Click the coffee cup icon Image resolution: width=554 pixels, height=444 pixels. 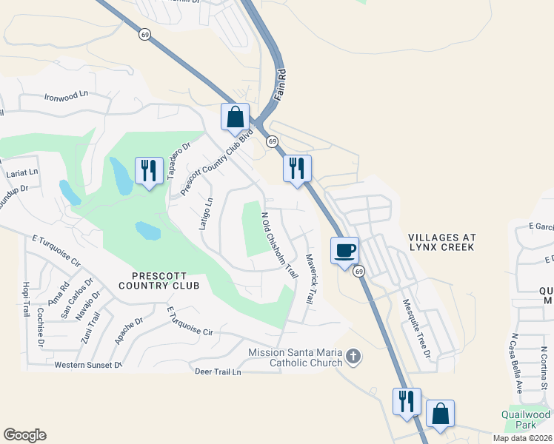(344, 250)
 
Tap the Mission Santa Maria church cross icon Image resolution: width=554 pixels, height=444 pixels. (354, 357)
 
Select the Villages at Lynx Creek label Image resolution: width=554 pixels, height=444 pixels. (442, 242)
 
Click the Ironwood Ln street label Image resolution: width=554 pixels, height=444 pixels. (66, 96)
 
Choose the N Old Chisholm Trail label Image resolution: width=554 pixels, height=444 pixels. (279, 246)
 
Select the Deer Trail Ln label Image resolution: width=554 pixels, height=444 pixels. (218, 371)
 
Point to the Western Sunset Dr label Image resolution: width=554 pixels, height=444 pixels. (87, 365)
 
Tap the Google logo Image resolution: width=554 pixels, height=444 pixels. (24, 435)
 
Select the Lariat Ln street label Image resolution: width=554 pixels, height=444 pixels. (21, 172)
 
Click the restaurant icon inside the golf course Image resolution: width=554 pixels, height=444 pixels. (148, 171)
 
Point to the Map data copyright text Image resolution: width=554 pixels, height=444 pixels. (522, 438)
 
